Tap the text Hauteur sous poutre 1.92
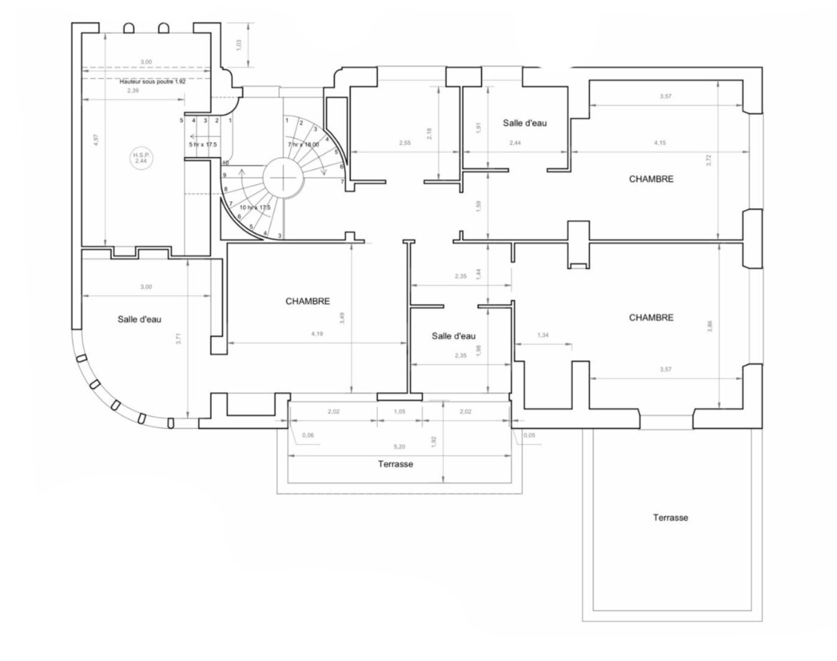151,82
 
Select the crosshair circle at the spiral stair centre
284,176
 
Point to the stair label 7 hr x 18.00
303,144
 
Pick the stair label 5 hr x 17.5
204,144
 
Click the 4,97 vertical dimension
96,138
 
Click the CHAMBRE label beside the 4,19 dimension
308,302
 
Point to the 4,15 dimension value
661,143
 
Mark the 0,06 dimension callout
309,435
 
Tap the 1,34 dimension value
543,334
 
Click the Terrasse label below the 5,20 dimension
396,464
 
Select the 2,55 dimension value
406,143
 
